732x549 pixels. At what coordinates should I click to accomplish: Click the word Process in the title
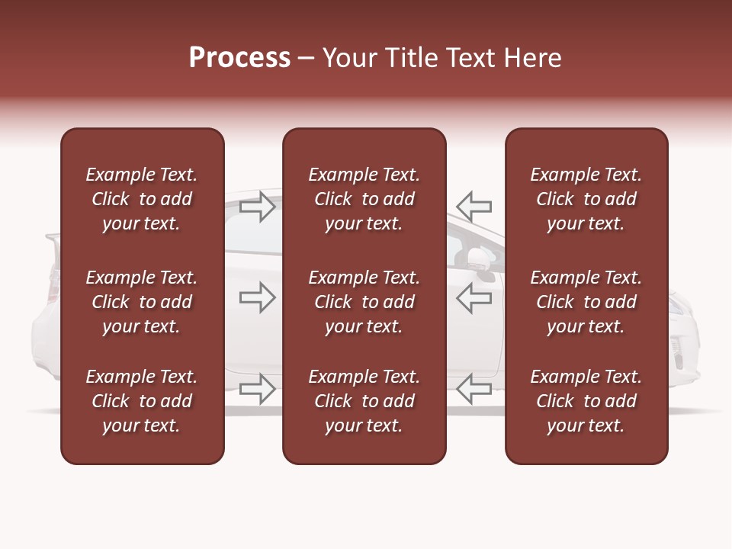[x=239, y=58]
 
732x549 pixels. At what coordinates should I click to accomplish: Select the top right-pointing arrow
[x=258, y=207]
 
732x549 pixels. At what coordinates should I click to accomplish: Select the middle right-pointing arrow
[x=258, y=298]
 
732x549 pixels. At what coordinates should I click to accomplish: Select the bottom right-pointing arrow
[x=258, y=389]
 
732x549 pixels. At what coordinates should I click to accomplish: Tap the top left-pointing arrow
[x=474, y=207]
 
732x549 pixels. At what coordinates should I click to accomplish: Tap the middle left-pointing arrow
[x=474, y=298]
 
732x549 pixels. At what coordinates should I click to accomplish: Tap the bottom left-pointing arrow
[x=474, y=389]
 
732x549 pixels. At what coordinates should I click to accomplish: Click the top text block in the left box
[x=142, y=199]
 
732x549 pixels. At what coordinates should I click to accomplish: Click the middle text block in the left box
[x=142, y=302]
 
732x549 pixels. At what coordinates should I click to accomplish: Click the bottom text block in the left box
[x=142, y=401]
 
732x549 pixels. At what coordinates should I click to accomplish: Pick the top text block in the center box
[x=364, y=199]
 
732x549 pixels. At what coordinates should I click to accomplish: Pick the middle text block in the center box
[x=364, y=302]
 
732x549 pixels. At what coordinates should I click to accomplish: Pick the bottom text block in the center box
[x=364, y=401]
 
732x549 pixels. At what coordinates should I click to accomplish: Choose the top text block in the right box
[x=586, y=199]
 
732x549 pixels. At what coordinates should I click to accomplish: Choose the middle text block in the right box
[x=586, y=302]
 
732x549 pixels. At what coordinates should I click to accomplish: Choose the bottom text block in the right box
[x=586, y=401]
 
